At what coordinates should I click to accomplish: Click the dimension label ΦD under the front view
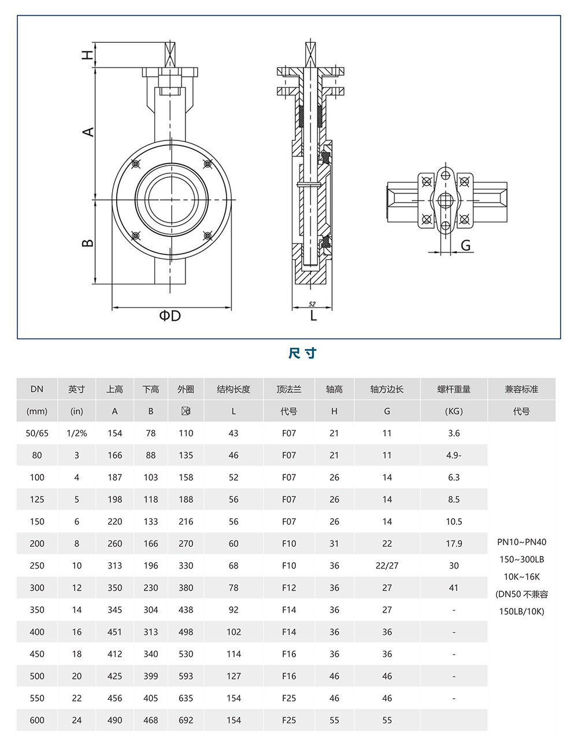pos(171,315)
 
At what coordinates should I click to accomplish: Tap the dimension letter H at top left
pos(87,55)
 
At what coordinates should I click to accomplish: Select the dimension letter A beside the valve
pos(88,132)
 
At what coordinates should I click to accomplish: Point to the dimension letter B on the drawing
pos(88,242)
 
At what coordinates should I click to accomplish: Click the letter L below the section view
pos(313,315)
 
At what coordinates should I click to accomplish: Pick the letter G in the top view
pos(465,246)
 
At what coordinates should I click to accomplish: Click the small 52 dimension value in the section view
pos(312,304)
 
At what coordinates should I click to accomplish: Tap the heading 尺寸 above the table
pos(302,353)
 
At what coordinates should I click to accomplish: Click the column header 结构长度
pos(234,389)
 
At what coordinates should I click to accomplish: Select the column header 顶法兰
pos(289,389)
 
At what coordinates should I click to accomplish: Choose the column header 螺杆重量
pos(454,389)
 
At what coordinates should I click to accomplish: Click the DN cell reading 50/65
pos(37,433)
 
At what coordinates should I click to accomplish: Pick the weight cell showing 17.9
pos(454,544)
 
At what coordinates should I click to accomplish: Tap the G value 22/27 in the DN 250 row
pos(387,566)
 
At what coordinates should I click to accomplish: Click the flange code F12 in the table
pos(289,588)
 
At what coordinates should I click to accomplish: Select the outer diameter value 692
pos(186,720)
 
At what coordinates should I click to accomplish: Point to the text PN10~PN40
pos(521,542)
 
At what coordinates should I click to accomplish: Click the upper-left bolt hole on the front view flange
pos(135,165)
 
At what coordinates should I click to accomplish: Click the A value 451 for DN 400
pos(114,632)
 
